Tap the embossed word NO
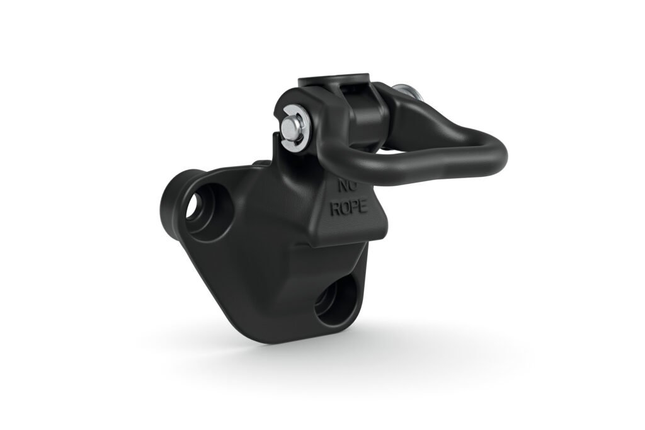point(348,186)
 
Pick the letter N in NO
point(343,186)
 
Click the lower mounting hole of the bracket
point(335,300)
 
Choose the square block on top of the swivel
point(334,82)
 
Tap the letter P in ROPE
point(354,209)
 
